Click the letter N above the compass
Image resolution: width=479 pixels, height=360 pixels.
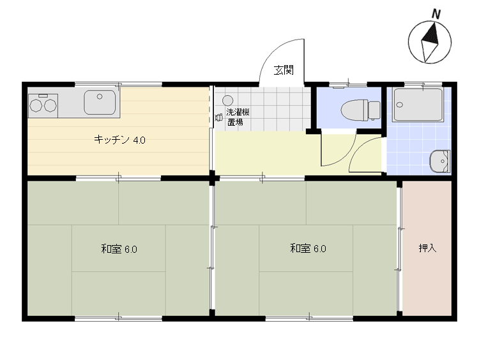436,14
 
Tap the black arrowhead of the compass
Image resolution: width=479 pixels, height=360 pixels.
431,34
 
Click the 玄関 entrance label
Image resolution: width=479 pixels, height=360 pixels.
284,70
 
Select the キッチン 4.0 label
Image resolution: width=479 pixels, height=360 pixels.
119,140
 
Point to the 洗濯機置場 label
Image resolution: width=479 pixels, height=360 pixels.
238,117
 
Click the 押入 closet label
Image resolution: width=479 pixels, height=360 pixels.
427,248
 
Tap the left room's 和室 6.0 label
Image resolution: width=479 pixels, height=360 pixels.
119,249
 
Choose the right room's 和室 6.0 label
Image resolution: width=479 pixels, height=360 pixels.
308,248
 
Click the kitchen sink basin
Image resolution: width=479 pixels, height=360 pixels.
100,102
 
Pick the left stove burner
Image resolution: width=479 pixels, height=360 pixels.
35,106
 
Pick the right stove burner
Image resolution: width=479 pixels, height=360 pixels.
50,106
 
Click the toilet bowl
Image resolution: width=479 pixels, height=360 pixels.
354,110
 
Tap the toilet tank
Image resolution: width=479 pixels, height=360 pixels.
374,110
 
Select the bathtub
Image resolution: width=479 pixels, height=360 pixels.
418,105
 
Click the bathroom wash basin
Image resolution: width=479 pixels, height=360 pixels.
440,161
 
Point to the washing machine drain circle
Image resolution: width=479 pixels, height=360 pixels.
227,100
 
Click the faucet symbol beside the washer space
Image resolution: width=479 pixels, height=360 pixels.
218,117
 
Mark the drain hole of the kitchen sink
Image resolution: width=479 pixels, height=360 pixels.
100,96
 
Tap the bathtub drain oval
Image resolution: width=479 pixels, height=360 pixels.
400,105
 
